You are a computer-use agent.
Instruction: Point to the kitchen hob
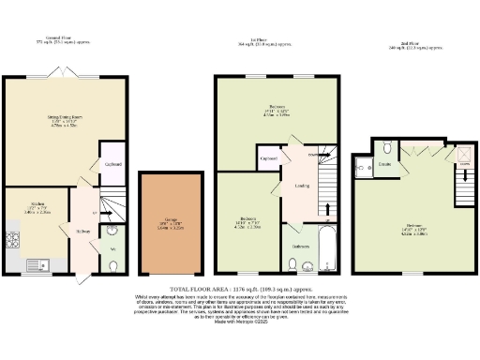tap(11, 235)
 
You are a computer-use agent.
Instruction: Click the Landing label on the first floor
tap(302, 185)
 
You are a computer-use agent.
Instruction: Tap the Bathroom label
tap(300, 247)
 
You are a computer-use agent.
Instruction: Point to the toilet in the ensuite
tap(387, 144)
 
